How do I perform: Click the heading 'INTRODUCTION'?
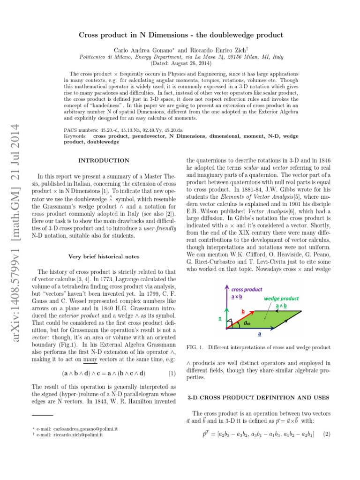click(x=104, y=161)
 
